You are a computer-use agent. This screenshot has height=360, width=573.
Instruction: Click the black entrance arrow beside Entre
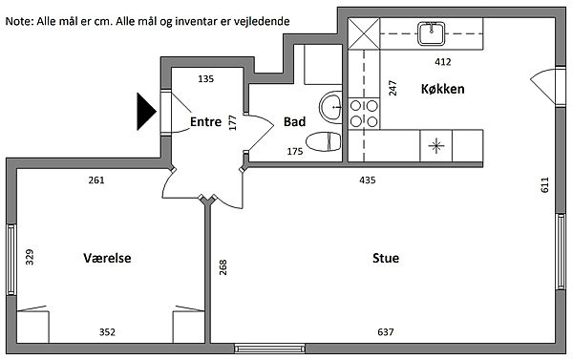(146, 112)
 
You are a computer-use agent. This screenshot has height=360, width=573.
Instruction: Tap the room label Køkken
(442, 89)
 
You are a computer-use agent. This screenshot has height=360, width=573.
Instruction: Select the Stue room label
(386, 258)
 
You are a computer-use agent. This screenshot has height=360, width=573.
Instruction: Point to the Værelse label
(107, 258)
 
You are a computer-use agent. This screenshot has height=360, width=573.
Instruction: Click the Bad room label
(294, 121)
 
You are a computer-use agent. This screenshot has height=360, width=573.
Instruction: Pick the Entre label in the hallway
(205, 121)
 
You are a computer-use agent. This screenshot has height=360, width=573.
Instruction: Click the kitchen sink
(432, 33)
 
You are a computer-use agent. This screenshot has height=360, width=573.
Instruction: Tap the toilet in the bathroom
(324, 142)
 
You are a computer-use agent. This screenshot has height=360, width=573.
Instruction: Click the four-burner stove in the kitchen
(364, 114)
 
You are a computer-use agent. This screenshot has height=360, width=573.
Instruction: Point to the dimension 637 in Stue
(386, 332)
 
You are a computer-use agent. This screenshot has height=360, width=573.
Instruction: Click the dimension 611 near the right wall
(544, 184)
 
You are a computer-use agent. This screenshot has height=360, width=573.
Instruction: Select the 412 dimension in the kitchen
(442, 62)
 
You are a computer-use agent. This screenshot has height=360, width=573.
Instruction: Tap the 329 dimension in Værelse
(30, 257)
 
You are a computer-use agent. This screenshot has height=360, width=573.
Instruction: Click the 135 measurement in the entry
(205, 78)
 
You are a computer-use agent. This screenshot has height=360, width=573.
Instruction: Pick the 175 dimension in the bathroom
(294, 151)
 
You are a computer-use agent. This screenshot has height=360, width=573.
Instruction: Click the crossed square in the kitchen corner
(364, 33)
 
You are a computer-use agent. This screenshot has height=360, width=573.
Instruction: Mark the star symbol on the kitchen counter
(436, 146)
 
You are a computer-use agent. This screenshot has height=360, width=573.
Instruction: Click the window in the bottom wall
(269, 349)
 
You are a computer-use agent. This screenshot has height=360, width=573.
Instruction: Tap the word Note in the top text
(19, 21)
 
